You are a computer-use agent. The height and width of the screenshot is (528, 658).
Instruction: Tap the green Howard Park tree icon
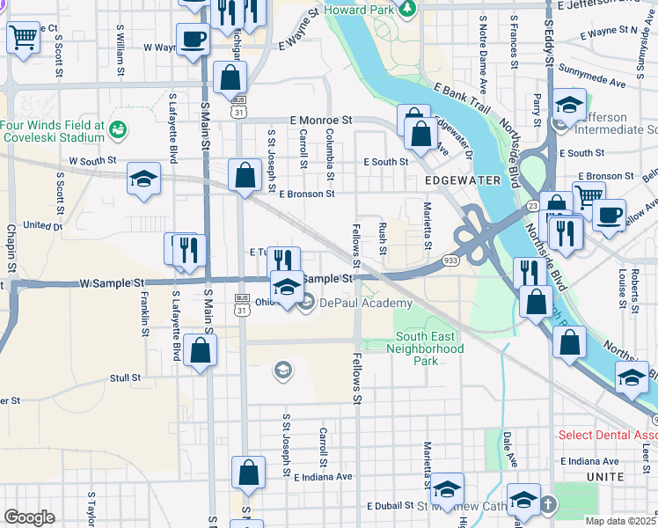[x=406, y=9]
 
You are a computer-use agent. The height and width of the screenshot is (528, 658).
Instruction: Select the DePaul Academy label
[x=353, y=304]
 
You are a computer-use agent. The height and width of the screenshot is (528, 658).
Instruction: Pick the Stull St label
[x=125, y=378]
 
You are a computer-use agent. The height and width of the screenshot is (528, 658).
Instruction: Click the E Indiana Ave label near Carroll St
[x=323, y=476]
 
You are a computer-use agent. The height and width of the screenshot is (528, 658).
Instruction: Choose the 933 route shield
[x=450, y=260]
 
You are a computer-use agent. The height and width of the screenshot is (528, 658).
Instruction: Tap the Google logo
[x=29, y=517]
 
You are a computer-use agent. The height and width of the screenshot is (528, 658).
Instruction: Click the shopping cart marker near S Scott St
[x=24, y=38]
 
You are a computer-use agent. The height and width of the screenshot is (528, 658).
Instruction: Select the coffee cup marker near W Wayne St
[x=193, y=40]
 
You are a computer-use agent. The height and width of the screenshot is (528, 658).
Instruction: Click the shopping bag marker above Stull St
[x=201, y=351]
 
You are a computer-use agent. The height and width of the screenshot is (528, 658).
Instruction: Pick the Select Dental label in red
[x=607, y=436]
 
